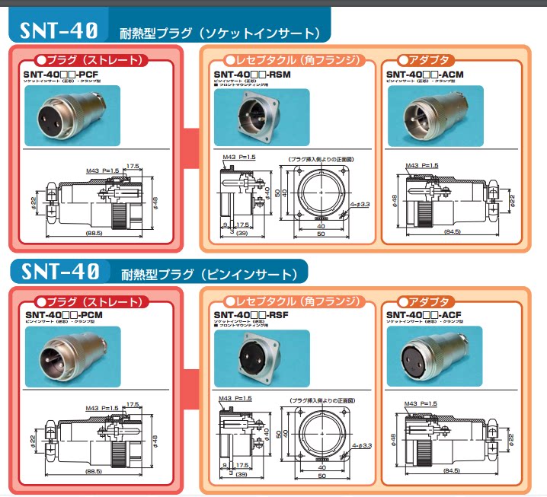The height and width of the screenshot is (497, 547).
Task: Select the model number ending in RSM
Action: click(x=247, y=74)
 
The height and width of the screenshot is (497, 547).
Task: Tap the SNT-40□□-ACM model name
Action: click(x=424, y=74)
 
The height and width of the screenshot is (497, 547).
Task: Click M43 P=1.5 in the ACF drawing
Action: click(x=422, y=403)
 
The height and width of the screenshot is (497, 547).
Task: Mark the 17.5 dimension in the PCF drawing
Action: click(x=133, y=165)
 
